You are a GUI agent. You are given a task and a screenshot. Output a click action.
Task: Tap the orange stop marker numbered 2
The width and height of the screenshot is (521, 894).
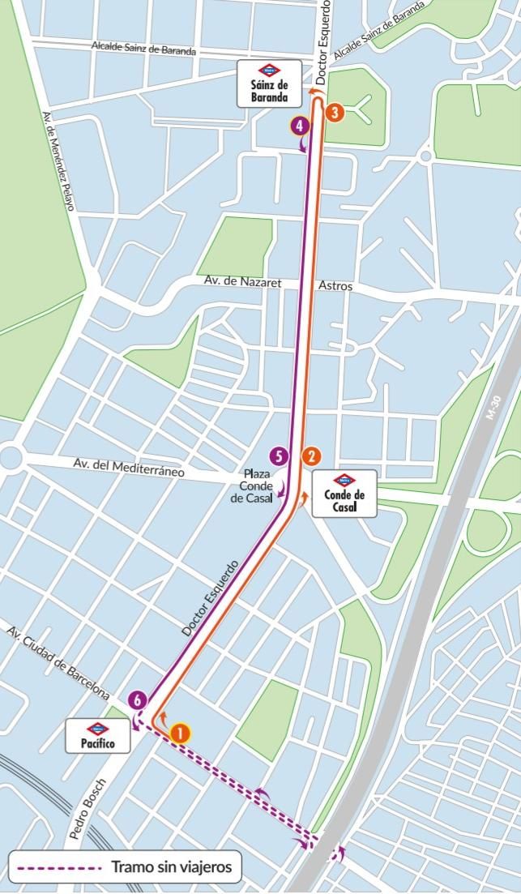pos(310,456)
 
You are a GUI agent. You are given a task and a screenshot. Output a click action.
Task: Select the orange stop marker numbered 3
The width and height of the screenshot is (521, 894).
pos(335,113)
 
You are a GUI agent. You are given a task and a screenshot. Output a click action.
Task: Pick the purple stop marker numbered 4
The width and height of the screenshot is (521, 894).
pos(300,126)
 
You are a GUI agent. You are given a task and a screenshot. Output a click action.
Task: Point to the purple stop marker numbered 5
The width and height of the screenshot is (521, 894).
pos(279,456)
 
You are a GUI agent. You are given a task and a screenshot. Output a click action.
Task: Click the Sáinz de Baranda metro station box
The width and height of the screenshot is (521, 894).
pos(268,83)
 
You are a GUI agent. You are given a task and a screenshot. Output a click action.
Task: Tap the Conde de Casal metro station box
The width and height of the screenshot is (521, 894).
pos(344,493)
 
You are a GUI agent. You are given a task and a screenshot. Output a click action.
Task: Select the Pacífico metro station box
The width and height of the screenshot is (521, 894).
pos(97,736)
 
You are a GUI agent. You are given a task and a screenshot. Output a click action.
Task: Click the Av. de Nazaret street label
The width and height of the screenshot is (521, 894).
pos(243,283)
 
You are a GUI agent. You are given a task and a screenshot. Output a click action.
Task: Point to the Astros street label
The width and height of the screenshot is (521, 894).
pos(335,285)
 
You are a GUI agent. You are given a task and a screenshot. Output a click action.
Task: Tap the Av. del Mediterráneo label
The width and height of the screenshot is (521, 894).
pos(130,468)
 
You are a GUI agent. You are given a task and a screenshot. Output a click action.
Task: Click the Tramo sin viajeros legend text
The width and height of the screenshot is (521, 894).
pos(172,867)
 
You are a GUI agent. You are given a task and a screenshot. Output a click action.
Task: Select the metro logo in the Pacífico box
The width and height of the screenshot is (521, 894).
pos(97,728)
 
